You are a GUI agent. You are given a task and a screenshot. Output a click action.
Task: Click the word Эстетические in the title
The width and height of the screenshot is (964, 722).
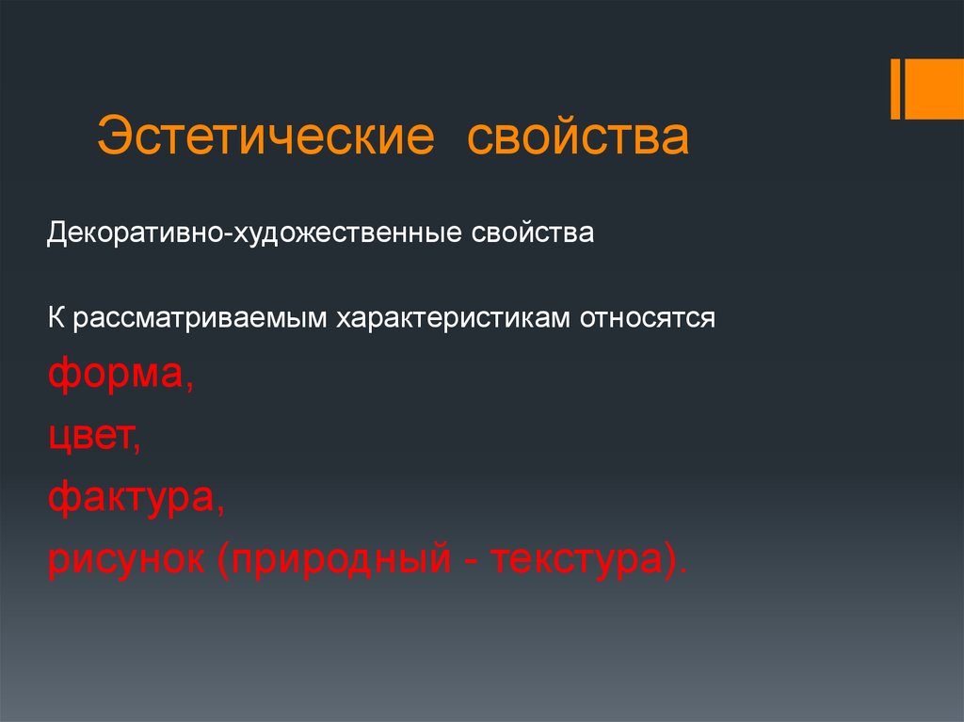pos(265,136)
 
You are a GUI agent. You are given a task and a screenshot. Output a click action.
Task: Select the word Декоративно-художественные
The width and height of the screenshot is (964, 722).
pos(254,233)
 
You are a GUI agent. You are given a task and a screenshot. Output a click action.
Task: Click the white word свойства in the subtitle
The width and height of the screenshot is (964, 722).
pos(533,233)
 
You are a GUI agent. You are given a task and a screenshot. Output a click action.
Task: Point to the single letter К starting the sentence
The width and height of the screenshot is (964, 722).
pos(56,318)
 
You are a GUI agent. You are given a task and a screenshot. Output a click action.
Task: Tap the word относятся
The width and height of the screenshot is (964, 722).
pos(648,318)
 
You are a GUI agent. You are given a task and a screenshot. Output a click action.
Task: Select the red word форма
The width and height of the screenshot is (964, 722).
pos(116,374)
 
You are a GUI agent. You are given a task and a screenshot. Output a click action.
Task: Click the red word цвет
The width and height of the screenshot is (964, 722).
pos(90,436)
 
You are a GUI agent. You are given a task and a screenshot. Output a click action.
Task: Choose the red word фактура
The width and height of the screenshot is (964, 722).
pos(132,498)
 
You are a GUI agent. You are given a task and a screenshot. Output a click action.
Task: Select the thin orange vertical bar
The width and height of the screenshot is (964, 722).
pos(895,89)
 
